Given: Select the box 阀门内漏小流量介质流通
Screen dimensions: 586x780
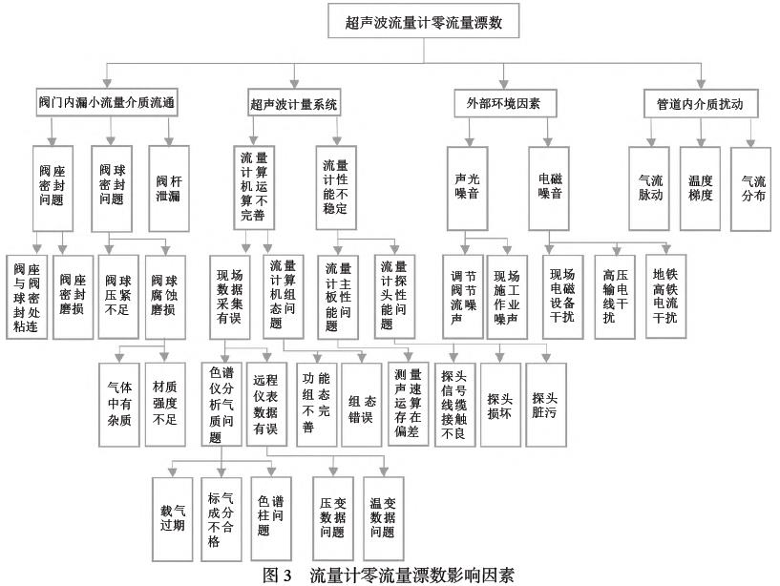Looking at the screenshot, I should pyautogui.click(x=109, y=101).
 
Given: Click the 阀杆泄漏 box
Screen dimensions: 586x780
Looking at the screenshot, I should pyautogui.click(x=168, y=188).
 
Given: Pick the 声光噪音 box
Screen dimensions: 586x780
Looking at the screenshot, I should pyautogui.click(x=465, y=188).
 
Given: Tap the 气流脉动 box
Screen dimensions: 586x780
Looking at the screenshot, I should pyautogui.click(x=650, y=187).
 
